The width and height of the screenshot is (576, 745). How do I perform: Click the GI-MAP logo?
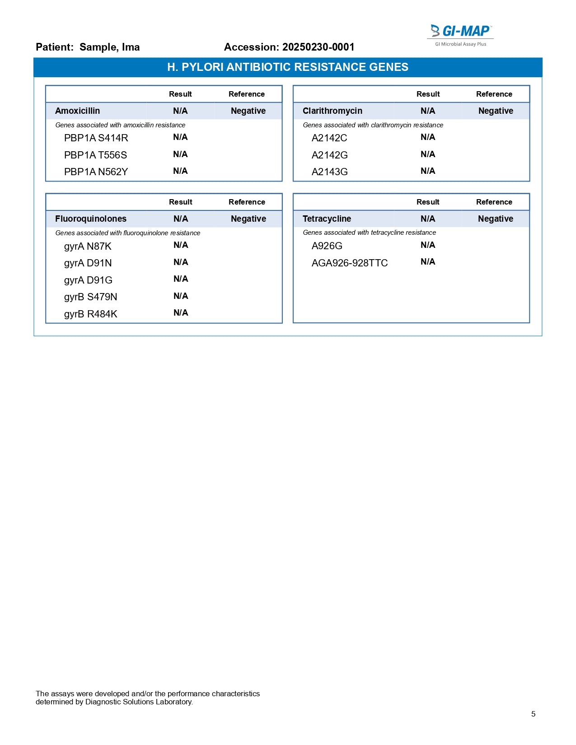(x=460, y=34)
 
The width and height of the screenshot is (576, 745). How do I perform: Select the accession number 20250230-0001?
(x=318, y=47)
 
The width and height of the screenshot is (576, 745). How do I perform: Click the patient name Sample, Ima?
(x=109, y=47)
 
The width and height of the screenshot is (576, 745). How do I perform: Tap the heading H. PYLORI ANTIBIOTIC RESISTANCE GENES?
(x=288, y=67)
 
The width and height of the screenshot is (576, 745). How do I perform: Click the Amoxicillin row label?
(x=77, y=111)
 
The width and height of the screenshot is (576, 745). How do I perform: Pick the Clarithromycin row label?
(x=332, y=111)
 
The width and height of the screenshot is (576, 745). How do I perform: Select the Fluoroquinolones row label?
(x=90, y=219)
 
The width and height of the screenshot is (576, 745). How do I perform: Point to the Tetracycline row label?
(x=327, y=219)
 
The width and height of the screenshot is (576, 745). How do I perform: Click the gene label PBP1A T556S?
(x=95, y=155)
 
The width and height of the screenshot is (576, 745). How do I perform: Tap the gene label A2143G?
(x=329, y=172)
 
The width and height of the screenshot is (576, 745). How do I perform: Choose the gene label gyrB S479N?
(x=90, y=297)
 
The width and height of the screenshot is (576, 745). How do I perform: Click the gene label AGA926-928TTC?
(x=349, y=263)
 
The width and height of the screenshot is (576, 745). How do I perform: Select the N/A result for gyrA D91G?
(x=181, y=279)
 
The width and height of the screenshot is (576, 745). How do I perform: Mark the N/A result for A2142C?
(x=428, y=137)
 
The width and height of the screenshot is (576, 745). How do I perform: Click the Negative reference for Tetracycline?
(x=495, y=219)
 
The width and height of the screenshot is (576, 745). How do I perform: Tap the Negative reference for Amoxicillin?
(x=248, y=111)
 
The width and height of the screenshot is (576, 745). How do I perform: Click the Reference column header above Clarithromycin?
(x=494, y=94)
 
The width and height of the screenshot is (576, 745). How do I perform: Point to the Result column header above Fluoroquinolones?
(x=180, y=202)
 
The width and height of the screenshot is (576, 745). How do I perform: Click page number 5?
(x=533, y=714)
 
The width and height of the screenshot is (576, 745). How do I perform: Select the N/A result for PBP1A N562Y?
(x=180, y=171)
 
